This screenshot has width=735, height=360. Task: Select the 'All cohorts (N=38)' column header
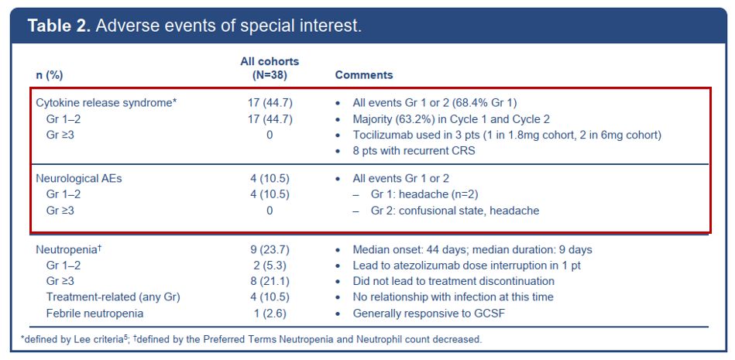pos(270,68)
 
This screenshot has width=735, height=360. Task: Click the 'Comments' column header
pos(364,75)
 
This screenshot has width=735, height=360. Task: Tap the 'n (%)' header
pos(50,75)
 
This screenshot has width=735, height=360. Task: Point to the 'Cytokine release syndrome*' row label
pos(106,103)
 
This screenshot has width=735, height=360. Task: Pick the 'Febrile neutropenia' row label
pos(94,313)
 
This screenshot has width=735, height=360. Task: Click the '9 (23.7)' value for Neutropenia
pos(270,249)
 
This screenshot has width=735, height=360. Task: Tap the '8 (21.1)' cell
pos(270,281)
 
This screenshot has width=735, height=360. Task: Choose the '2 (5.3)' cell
pos(270,266)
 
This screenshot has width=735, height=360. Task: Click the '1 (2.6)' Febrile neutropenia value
pos(270,313)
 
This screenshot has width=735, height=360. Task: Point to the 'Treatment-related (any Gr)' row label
pos(113,297)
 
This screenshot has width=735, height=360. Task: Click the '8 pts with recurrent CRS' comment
pos(414,152)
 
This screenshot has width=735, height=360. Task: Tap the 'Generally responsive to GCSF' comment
pos(429,313)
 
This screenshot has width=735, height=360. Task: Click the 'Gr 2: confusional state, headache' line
pos(455,211)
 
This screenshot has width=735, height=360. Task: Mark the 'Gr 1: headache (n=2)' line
pos(424,194)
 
